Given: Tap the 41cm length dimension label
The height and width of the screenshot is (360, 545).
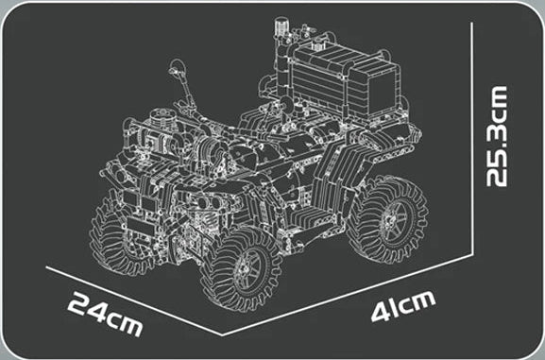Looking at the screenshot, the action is click(x=403, y=306).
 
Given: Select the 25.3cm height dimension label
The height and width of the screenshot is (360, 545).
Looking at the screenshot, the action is click(x=497, y=136).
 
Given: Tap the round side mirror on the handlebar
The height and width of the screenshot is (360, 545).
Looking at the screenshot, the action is click(x=178, y=67).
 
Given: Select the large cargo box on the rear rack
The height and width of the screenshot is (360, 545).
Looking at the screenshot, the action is click(x=344, y=82).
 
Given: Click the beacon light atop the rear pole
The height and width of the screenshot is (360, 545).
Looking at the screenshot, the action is click(x=280, y=26).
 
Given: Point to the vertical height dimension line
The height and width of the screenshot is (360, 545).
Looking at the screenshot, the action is click(x=472, y=139).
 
